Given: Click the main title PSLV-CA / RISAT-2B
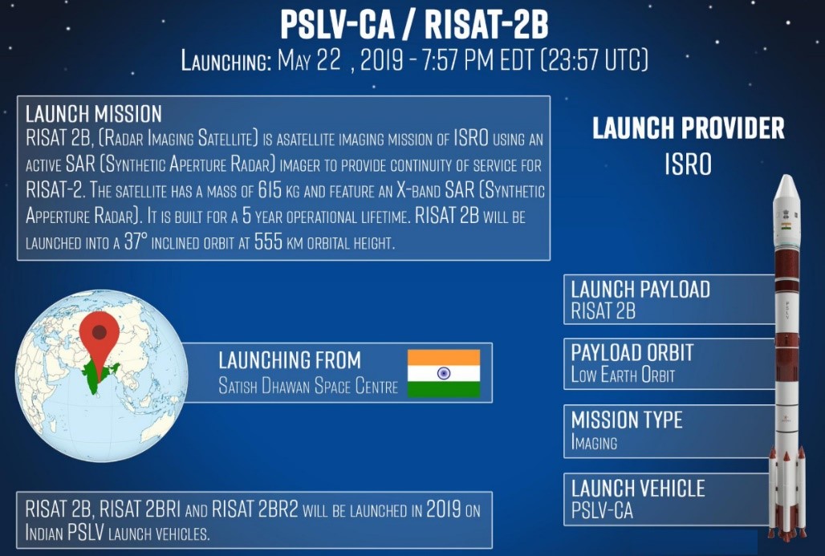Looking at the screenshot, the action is coord(414,25).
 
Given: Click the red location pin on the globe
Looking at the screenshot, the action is coord(100,337).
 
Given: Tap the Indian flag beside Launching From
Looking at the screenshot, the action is coord(444,373).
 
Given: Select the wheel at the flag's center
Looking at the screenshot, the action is coord(444,373).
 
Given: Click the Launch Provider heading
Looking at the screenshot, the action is coord(689,128).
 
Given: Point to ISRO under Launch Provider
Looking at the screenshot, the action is coord(689,164).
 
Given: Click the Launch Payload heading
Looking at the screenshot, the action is coord(640,290).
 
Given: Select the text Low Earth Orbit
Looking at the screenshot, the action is coord(623,375).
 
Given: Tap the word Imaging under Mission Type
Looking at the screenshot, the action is coord(594,442).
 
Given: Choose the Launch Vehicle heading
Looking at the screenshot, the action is coord(638,489).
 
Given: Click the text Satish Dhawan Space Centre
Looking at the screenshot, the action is coord(308,387).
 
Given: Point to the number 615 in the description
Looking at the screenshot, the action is coord(270,190).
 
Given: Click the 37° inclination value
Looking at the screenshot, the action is coord(135,242).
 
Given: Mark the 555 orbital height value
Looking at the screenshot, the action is coord(268,242).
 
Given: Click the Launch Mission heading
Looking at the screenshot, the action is coord(94,114).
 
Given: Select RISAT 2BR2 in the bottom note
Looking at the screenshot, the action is coord(254,509).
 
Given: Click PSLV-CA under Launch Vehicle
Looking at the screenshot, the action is coord(602,511).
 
